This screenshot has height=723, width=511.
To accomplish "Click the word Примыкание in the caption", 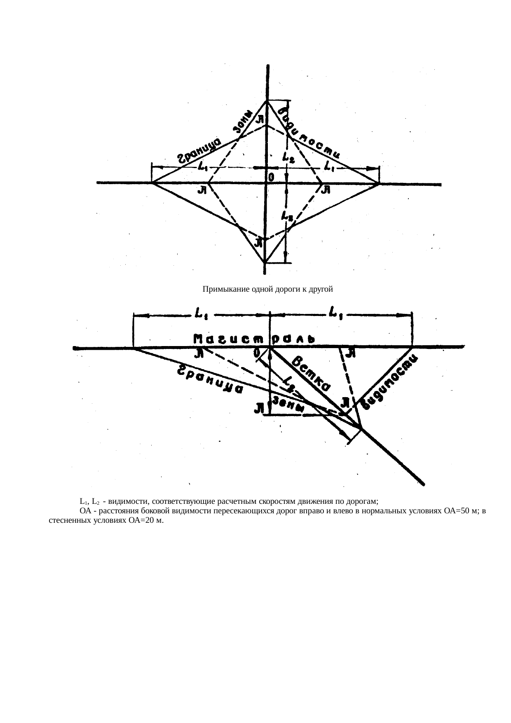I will pyautogui.click(x=221, y=289).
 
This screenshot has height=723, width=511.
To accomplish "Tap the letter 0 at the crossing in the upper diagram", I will pyautogui.click(x=270, y=177).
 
